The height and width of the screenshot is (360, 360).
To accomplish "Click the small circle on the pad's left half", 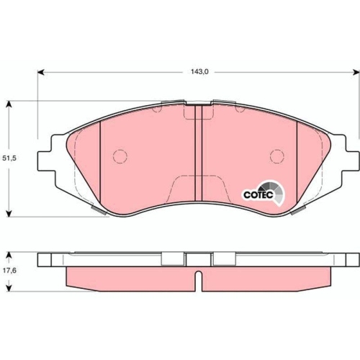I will (120, 156).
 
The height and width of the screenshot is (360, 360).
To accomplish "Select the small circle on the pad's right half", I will (275, 156).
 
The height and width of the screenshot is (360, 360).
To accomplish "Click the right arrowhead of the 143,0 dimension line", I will (355, 72).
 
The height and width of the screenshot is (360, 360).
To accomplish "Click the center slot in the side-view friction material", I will (197, 276).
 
